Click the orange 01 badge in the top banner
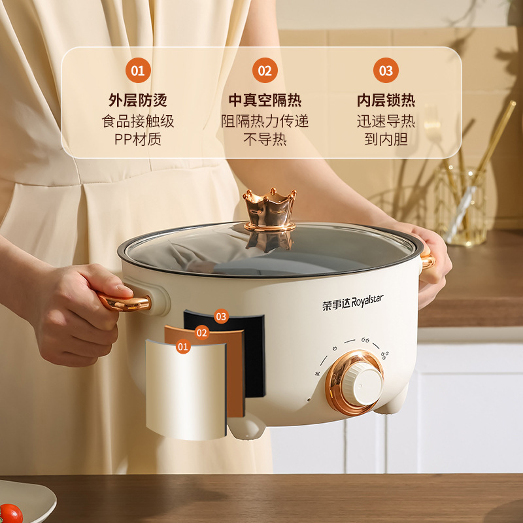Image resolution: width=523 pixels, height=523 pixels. point(138,71)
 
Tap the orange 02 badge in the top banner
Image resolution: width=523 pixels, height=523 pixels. point(265,71)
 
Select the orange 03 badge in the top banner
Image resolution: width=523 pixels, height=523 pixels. point(386,71)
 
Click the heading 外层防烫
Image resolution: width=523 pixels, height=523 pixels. point(138,100)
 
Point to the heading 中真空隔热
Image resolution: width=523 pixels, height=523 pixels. point(265,100)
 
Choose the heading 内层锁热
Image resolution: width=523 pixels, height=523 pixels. point(386,100)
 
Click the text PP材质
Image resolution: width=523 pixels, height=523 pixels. point(138,139)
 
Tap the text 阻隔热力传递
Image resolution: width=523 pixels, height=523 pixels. point(265,121)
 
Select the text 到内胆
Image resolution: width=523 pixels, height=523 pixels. point(386,139)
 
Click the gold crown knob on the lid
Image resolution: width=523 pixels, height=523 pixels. point(269,209)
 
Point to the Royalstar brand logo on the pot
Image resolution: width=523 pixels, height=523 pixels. point(352,303)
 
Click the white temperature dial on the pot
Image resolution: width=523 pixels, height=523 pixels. point(362,384)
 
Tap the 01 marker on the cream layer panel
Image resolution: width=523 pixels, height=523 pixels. point(183,347)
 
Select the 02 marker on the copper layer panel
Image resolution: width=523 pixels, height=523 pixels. point(202,333)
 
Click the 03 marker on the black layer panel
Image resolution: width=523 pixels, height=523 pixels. point(221,316)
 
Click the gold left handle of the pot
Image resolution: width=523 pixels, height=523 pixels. point(124,303)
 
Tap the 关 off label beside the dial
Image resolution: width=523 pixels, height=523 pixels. point(318,373)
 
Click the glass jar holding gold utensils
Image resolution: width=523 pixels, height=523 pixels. point(461,207)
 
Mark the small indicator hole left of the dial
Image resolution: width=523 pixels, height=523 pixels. point(309,399)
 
